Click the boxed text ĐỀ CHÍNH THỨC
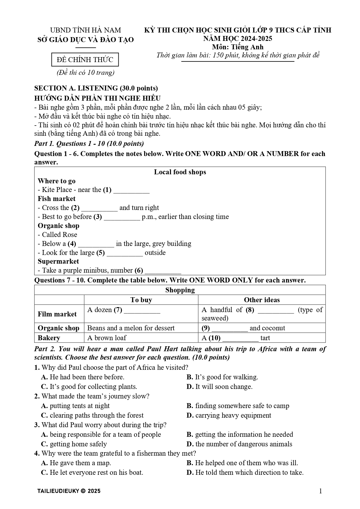click(85, 60)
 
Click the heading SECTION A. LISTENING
click(96, 88)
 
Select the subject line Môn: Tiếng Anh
click(237, 47)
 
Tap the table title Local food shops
click(180, 172)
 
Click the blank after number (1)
click(131, 191)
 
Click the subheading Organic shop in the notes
click(58, 226)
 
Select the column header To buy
click(141, 300)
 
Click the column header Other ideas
click(262, 300)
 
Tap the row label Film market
click(57, 314)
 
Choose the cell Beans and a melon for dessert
click(131, 328)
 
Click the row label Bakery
click(49, 338)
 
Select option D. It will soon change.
click(220, 387)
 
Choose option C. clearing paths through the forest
click(92, 415)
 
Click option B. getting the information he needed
click(240, 434)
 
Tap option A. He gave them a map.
click(76, 463)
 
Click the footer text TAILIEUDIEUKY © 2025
click(69, 491)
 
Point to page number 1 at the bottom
click(320, 491)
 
